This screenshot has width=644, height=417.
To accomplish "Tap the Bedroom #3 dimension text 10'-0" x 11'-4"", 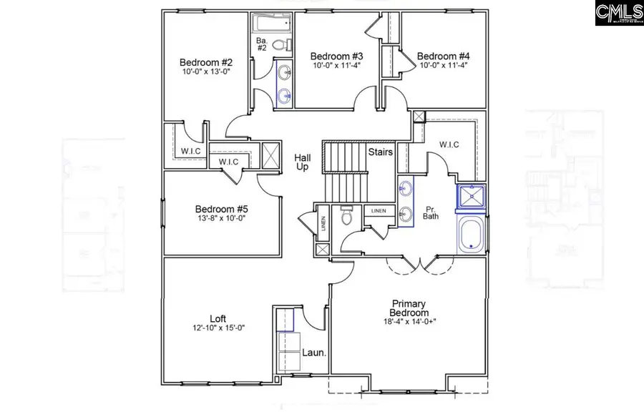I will point(336,65).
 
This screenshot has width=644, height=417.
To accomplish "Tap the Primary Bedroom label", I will point(409,308).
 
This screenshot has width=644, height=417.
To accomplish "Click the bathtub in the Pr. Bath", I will point(472,234).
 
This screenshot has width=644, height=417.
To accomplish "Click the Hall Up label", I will point(302,162).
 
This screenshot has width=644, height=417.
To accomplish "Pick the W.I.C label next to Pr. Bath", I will point(449,145).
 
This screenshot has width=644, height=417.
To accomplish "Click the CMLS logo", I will point(618,13).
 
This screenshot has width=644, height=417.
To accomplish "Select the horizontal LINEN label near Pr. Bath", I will point(379,211).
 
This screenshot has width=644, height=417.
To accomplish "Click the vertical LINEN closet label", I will point(323,225).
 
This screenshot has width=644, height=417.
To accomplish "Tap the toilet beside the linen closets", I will point(347,215).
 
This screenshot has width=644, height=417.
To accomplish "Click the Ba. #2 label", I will point(262,45).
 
